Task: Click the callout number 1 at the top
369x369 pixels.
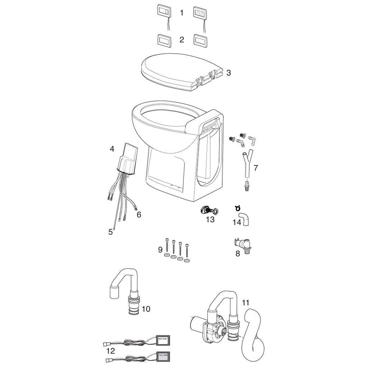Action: coord(182,13)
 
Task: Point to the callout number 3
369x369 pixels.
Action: coord(228,73)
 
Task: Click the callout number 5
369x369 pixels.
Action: coord(110,232)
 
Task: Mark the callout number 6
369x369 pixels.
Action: coord(139,215)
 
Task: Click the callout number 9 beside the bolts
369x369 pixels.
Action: coord(160,249)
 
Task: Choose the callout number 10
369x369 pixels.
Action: coord(146,309)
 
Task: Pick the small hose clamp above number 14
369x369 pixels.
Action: coord(237,208)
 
